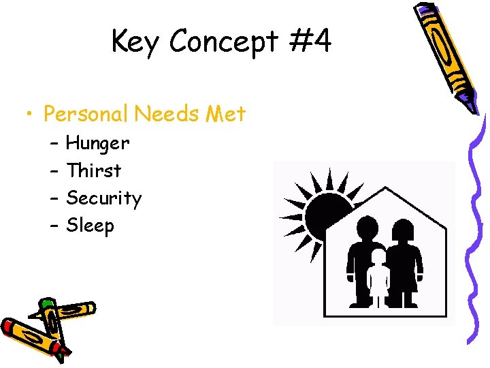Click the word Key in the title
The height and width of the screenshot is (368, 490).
136,42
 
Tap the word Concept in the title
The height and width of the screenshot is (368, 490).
224,42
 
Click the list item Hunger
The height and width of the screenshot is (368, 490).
97,144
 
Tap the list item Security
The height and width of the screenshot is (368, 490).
103,198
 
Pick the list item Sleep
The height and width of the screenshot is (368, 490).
90,226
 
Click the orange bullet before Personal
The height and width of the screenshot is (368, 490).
25,114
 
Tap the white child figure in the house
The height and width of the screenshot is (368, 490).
378,276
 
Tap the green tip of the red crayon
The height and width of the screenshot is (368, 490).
46,304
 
